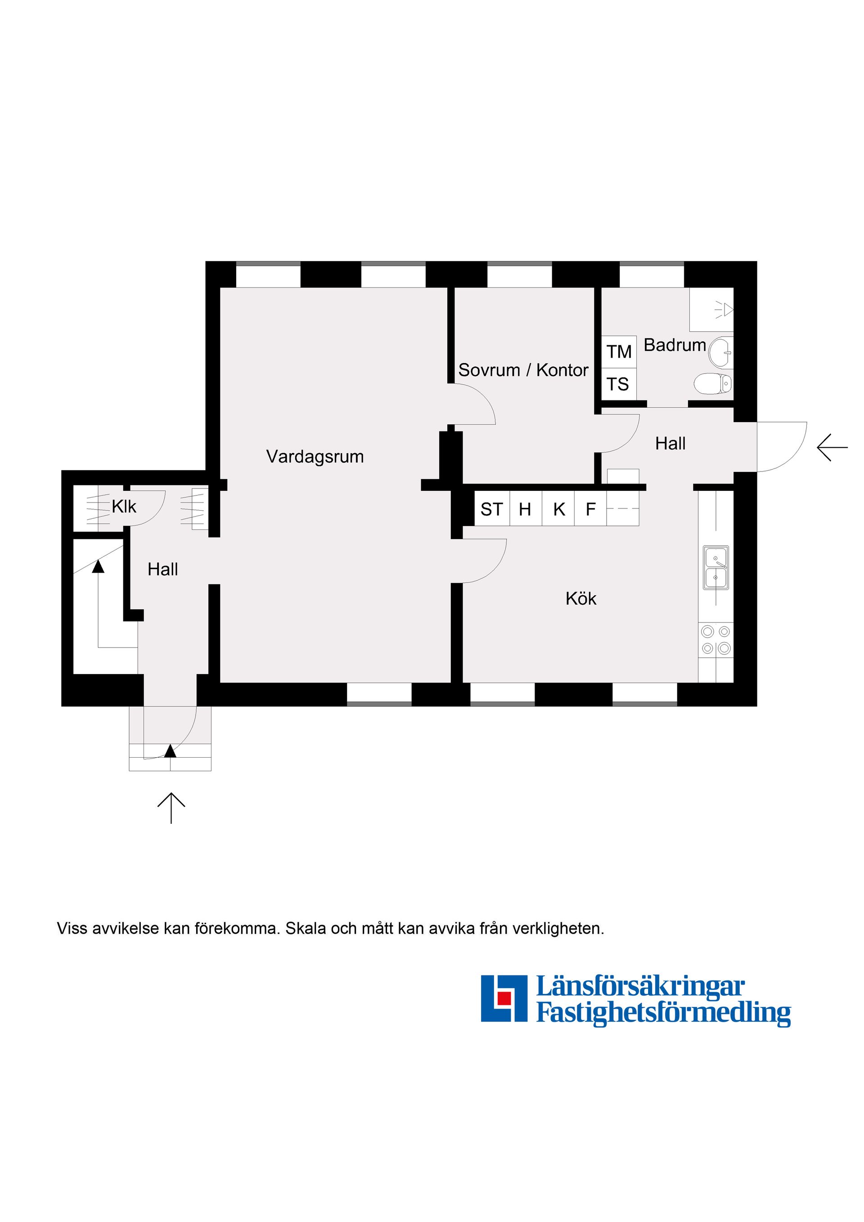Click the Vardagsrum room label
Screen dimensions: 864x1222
(x=315, y=457)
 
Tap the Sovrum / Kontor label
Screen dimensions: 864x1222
(x=523, y=370)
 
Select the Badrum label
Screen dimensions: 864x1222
(x=675, y=345)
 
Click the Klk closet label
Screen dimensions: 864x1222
(x=124, y=506)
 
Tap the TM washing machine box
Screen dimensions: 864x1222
(x=619, y=352)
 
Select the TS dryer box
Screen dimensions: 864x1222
(x=619, y=384)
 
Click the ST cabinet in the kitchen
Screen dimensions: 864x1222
(x=492, y=509)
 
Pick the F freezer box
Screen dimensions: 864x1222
(x=590, y=509)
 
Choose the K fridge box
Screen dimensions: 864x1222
(x=558, y=509)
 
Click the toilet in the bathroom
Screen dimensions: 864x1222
(x=713, y=383)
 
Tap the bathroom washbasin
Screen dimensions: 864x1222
(x=721, y=352)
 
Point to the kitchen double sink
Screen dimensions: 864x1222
(x=716, y=567)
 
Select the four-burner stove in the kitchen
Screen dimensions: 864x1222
(x=716, y=640)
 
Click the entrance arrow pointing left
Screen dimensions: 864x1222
(x=832, y=447)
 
